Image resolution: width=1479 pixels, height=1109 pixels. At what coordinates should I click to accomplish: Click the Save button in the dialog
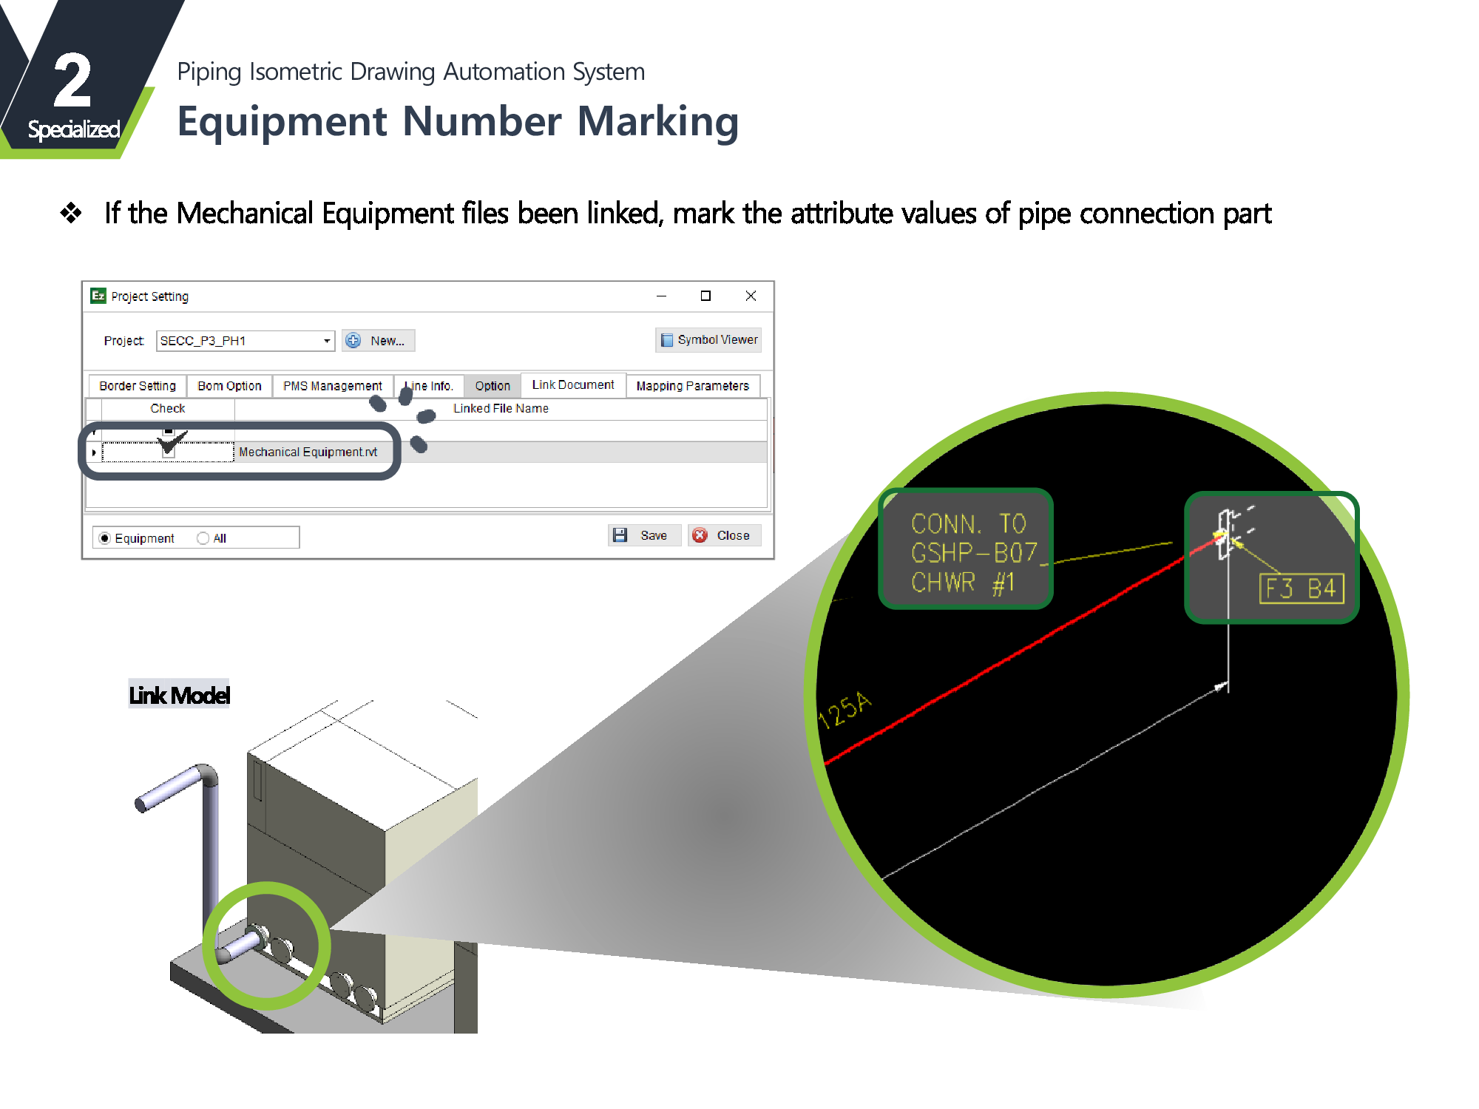click(x=643, y=535)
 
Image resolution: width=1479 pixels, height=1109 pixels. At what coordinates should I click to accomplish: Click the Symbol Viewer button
click(x=708, y=340)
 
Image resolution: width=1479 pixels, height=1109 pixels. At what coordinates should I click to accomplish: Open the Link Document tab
click(x=573, y=385)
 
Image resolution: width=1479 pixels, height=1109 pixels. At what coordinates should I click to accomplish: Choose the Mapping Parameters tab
click(x=692, y=386)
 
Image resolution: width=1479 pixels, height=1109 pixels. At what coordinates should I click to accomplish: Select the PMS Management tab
click(x=332, y=386)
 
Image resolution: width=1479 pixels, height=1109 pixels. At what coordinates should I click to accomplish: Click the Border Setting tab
click(x=138, y=386)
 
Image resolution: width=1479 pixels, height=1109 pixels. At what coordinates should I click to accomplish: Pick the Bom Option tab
click(x=229, y=386)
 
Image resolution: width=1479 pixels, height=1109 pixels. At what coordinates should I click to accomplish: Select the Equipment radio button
click(x=105, y=538)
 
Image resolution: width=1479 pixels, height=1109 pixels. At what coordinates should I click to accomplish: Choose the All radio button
click(x=203, y=538)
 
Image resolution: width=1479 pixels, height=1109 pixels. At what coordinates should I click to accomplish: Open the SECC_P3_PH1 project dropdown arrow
click(x=326, y=341)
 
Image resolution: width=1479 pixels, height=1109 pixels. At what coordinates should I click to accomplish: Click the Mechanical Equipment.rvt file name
click(x=308, y=452)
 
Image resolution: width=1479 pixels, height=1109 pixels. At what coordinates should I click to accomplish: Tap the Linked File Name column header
click(x=501, y=408)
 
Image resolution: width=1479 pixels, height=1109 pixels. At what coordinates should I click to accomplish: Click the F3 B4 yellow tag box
click(x=1301, y=589)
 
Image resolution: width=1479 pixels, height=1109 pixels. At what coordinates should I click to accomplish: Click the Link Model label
click(x=179, y=695)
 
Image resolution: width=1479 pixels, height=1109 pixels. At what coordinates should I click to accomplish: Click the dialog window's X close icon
click(x=751, y=296)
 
